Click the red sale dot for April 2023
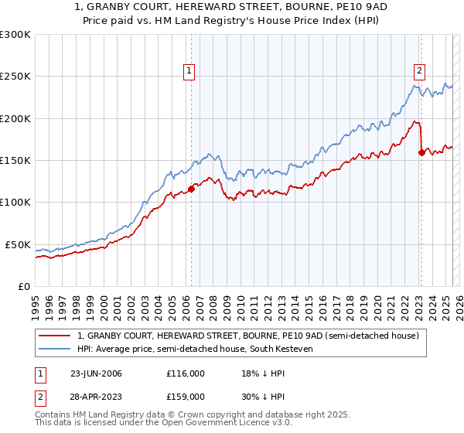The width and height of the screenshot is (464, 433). [421, 152]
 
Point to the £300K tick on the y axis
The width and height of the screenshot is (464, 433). [15, 35]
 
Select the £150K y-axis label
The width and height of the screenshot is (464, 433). [15, 161]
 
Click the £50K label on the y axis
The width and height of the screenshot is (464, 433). [18, 244]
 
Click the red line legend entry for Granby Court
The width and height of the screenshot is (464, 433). [247, 336]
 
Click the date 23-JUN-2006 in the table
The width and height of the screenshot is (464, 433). [96, 373]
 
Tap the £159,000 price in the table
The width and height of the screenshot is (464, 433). [185, 396]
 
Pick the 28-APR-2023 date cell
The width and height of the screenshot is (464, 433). [96, 396]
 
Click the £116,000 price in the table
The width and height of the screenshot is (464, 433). [185, 373]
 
